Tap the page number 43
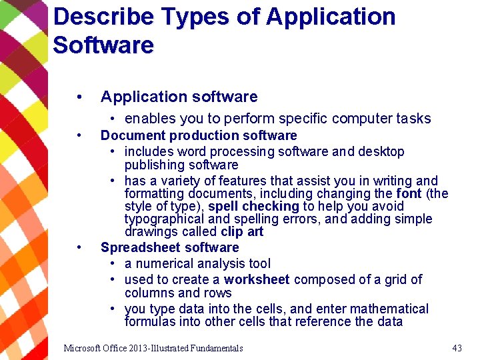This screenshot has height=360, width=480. point(457,348)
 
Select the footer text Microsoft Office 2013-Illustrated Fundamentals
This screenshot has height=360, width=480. point(153,348)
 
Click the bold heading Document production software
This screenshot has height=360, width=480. point(199,135)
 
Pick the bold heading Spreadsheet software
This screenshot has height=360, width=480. point(169,247)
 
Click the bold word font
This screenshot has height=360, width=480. point(408,193)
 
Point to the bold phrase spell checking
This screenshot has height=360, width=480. point(254,206)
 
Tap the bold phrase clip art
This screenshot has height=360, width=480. point(242,232)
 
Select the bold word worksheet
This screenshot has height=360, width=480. point(257,279)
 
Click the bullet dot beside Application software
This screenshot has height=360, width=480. point(79,97)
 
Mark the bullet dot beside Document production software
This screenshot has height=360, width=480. point(79,135)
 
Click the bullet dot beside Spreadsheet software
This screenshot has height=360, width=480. point(79,247)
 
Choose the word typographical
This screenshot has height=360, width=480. point(161,219)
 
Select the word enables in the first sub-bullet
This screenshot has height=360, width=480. point(146,119)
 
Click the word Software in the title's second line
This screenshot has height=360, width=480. point(103,45)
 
